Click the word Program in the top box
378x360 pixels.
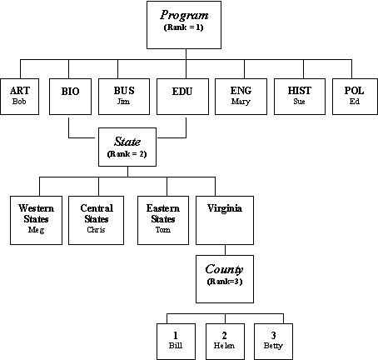[184, 15]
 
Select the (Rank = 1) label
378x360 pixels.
[184, 27]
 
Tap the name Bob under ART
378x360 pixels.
[19, 102]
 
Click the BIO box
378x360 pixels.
[70, 97]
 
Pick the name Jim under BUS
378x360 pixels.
[123, 102]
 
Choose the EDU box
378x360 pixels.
[182, 97]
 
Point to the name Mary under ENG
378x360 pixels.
[241, 102]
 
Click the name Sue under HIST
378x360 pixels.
[299, 102]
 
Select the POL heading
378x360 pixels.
[354, 91]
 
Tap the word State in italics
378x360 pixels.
[127, 142]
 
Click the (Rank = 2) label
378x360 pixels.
[127, 154]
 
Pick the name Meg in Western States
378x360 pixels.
[36, 230]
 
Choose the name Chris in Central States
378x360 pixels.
[96, 230]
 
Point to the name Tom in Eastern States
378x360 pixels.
[163, 230]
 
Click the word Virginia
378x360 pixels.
[225, 208]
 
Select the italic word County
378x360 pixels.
[224, 269]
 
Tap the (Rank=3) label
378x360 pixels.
[225, 282]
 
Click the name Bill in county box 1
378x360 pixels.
[176, 346]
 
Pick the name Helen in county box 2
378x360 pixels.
[224, 346]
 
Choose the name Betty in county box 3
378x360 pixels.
[273, 346]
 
